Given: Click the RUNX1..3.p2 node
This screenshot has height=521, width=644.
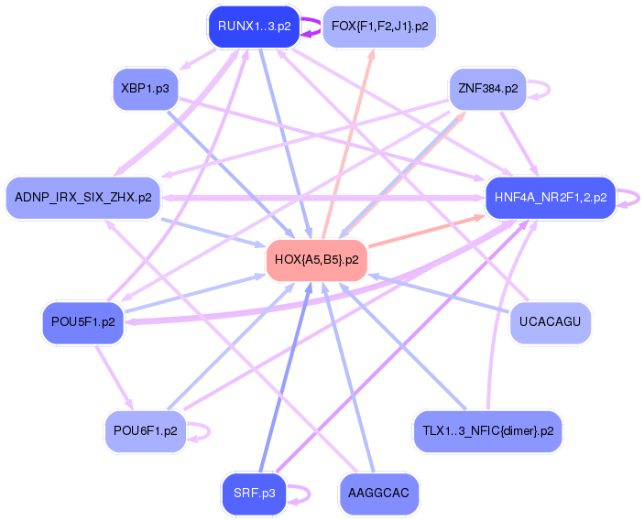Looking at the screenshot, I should coord(255,27).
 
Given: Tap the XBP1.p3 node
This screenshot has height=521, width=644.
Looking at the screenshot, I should coord(144,89).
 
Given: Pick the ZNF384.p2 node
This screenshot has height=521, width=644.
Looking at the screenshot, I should coord(487,89).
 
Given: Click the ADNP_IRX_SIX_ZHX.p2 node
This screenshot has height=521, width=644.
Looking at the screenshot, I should coord(83,197).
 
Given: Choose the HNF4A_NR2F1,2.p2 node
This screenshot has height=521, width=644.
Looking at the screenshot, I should coord(550,197).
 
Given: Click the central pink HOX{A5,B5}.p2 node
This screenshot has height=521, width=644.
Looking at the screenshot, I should coord(317,260).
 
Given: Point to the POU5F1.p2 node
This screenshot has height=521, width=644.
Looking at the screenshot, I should coord(82,322).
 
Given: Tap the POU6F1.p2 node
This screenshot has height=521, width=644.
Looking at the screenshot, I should coord(145,430).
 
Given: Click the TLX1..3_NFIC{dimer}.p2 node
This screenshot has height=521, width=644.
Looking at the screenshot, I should coord(487,430).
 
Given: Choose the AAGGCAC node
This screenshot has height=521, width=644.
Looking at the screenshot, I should coord(379,494).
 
